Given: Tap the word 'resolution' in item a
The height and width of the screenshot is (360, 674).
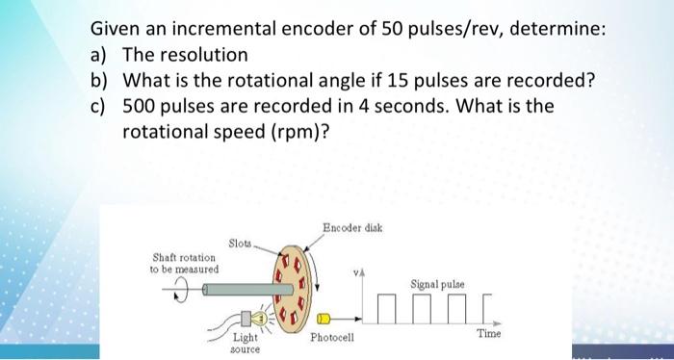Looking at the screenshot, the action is [203, 55].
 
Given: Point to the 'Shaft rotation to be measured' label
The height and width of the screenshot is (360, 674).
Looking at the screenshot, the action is [186, 262].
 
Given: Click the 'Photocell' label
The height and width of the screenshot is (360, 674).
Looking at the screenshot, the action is [332, 338].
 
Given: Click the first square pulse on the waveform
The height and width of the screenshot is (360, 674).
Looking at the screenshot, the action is [386, 305].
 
